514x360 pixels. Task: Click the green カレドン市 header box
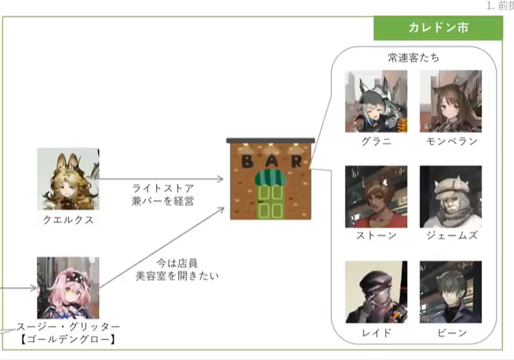coord(438,28)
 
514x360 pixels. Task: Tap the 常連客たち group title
coord(413,57)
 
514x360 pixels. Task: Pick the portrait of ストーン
coord(376,196)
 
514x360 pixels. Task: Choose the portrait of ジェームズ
coord(450,196)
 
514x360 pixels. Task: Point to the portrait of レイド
coord(376,292)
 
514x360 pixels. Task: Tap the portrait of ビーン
coord(450,292)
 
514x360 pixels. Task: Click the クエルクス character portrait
coord(68,179)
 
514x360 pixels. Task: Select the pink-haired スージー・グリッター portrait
coord(68,287)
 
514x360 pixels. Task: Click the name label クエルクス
coord(68,220)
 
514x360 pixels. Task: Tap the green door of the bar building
coord(270,198)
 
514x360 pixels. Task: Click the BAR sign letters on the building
coord(271,161)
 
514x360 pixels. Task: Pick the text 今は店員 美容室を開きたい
coord(166,270)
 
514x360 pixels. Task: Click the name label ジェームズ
coord(450,236)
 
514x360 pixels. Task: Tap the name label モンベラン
coord(450,141)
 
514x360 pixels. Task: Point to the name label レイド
coord(376,332)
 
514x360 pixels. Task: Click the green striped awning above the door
coord(270,177)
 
